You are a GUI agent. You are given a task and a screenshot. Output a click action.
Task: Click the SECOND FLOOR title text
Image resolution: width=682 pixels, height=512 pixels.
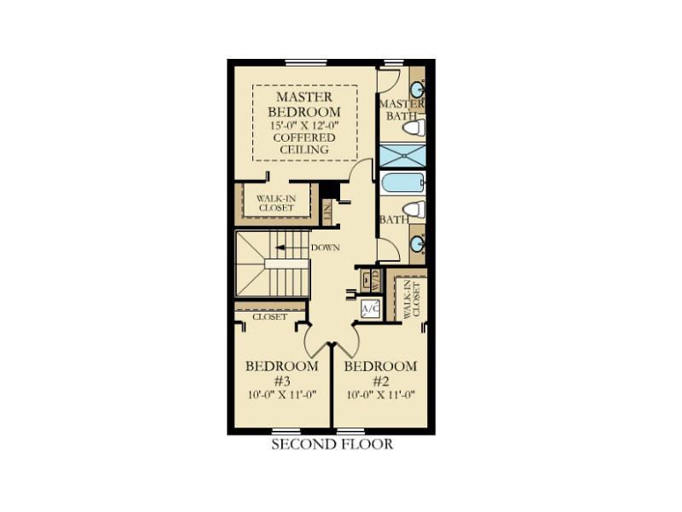(332, 444)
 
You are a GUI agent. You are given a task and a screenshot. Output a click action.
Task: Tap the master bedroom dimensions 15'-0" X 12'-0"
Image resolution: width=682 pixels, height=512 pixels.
(304, 125)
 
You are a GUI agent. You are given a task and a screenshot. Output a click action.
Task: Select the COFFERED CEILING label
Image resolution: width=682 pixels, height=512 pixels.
(304, 143)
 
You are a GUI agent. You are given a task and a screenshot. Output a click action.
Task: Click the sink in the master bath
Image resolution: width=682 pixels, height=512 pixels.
(418, 90)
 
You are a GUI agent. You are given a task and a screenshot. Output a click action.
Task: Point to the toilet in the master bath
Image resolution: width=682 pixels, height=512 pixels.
(413, 128)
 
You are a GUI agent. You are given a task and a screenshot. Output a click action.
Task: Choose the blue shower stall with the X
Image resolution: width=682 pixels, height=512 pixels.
(402, 155)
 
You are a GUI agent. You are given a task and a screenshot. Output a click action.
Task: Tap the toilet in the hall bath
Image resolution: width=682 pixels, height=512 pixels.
(413, 209)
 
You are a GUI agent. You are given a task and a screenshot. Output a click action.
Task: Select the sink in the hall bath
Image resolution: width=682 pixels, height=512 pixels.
(418, 244)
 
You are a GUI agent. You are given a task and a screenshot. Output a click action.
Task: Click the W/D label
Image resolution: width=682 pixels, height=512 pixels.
(376, 282)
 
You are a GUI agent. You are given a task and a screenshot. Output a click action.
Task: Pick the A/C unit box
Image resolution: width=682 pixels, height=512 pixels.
(371, 309)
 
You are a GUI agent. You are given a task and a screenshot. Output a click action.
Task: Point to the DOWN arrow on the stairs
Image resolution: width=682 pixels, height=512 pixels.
(286, 247)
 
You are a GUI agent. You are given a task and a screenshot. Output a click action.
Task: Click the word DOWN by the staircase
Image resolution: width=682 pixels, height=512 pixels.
(325, 247)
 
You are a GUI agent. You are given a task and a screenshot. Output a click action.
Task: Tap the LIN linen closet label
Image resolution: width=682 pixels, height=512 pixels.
(327, 212)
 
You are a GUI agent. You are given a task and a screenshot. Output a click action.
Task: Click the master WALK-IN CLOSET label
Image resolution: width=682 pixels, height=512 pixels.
(276, 203)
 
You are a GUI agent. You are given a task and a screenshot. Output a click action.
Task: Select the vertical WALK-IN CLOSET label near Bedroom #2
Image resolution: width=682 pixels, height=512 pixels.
(412, 300)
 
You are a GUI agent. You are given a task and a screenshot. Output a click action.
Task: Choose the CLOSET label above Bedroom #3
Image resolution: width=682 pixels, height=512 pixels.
(269, 317)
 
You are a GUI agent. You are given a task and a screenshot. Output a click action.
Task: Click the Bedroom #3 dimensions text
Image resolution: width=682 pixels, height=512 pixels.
(281, 395)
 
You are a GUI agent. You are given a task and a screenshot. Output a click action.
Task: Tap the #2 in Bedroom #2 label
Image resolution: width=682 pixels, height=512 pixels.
(380, 381)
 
